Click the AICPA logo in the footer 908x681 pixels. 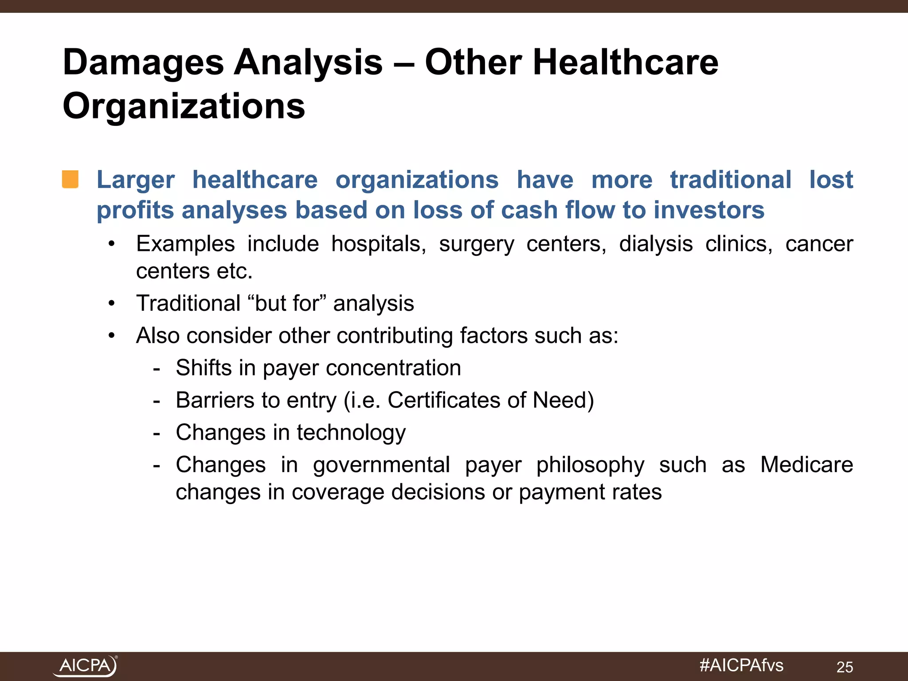tap(85, 665)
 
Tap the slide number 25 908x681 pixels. tap(845, 667)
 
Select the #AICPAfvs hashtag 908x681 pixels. tap(741, 665)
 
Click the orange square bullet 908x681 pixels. tap(70, 180)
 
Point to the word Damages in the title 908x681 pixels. tap(143, 62)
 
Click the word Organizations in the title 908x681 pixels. tap(184, 106)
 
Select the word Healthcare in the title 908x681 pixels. tap(625, 62)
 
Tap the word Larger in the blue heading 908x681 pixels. tap(135, 180)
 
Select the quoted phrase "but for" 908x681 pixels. tap(287, 304)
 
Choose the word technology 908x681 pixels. tap(351, 433)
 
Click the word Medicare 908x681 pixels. tap(806, 465)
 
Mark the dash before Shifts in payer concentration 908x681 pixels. tap(156, 368)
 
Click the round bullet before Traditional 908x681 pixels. tap(112, 304)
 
